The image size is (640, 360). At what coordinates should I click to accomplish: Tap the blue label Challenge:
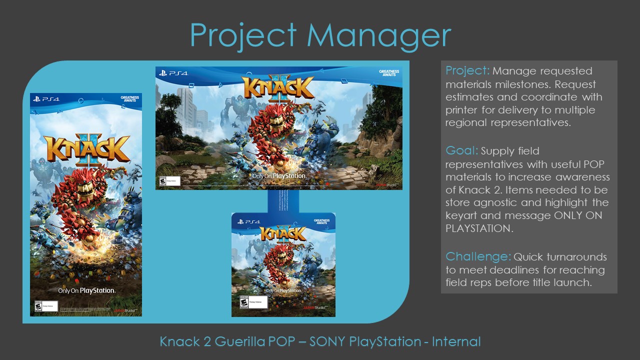[x=478, y=256]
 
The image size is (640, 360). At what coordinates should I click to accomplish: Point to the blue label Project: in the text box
[x=467, y=70]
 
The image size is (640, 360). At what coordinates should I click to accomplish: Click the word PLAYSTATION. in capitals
[x=477, y=228]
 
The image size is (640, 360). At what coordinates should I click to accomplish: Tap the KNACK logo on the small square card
[x=283, y=233]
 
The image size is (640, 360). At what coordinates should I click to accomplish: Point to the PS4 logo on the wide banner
[x=173, y=73]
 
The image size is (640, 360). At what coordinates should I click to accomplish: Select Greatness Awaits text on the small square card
[x=321, y=221]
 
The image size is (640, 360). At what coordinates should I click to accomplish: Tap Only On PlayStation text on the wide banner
[x=278, y=176]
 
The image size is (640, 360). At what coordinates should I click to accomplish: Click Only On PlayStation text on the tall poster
[x=86, y=290]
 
